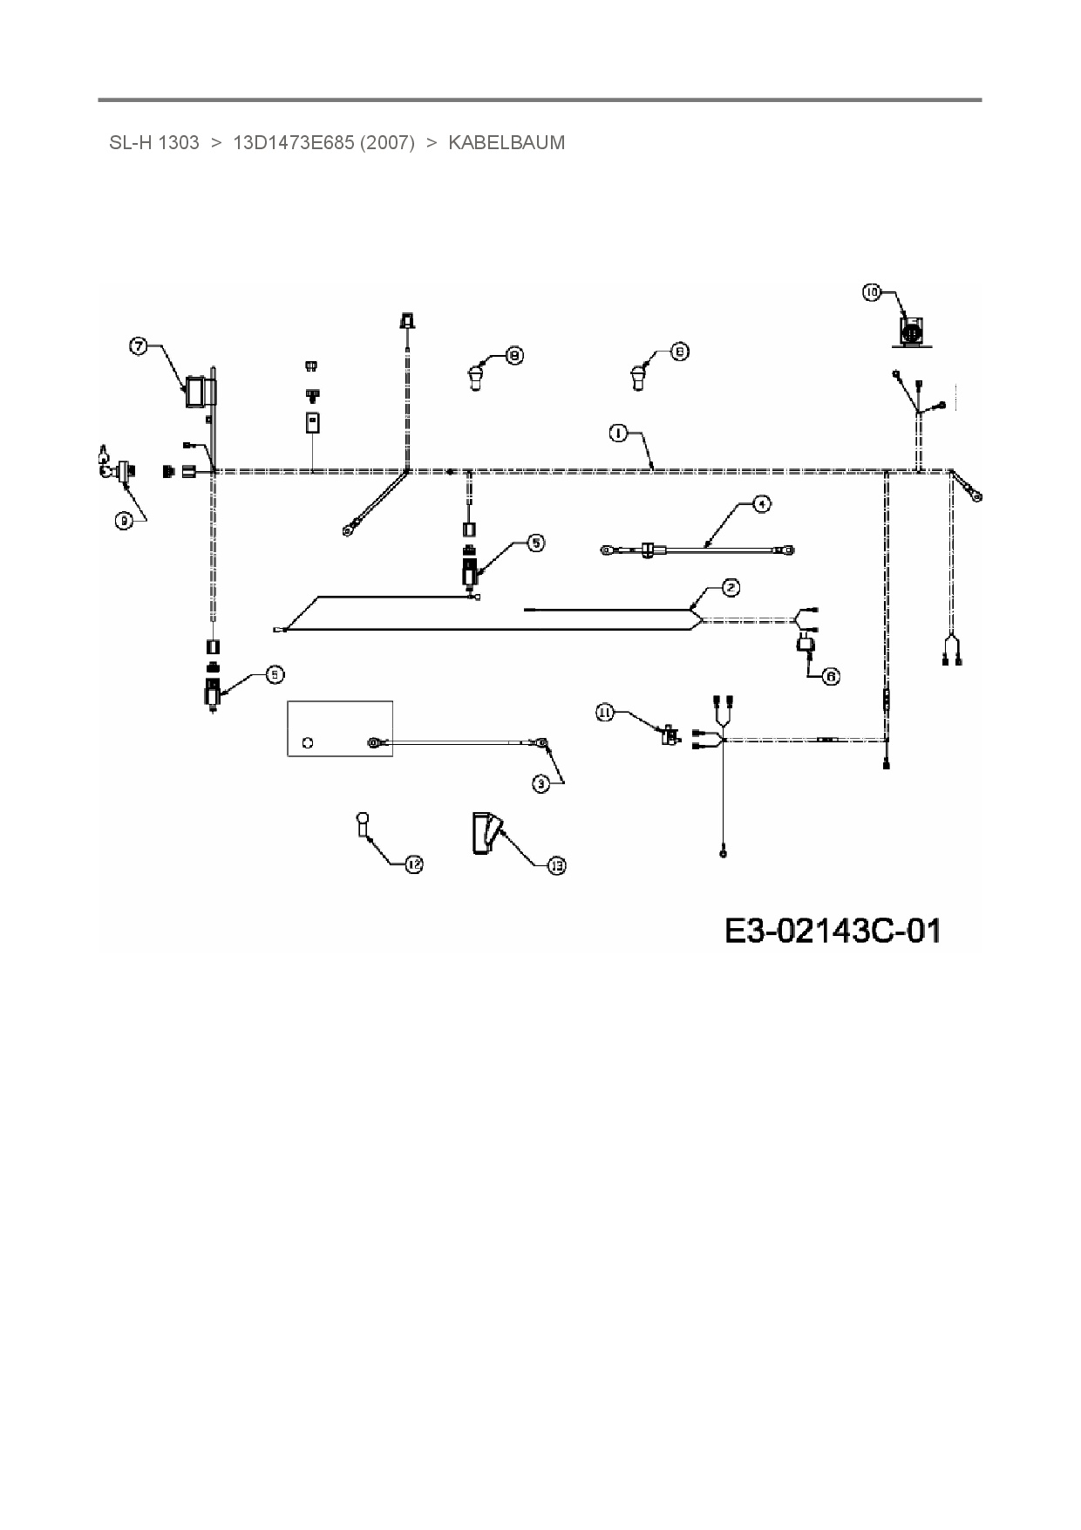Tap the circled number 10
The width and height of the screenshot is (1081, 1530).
(x=872, y=293)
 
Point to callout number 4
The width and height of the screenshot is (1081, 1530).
(x=762, y=504)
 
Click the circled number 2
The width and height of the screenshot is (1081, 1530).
(x=731, y=588)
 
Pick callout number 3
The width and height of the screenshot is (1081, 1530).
(x=542, y=784)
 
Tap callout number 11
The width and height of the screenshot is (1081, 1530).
(x=605, y=713)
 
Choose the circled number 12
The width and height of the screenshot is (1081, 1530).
(x=414, y=864)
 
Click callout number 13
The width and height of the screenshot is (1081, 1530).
(x=556, y=865)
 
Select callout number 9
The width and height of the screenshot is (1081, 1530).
(x=125, y=520)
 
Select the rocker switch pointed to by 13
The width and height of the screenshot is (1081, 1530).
(x=485, y=833)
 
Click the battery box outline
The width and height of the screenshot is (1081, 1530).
(x=339, y=727)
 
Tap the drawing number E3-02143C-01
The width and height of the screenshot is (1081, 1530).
(x=833, y=931)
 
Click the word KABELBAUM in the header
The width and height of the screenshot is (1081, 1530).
(x=507, y=143)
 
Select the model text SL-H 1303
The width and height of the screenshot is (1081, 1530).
(x=154, y=143)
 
